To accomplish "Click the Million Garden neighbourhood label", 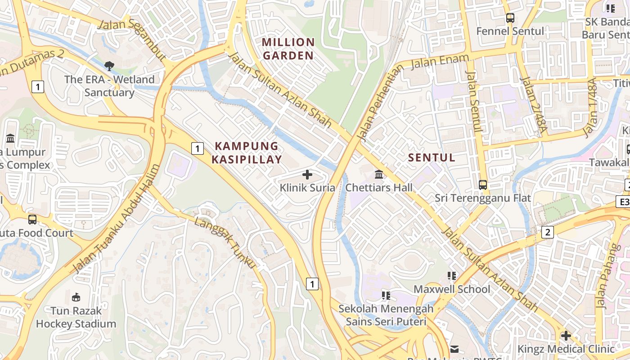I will pyautogui.click(x=288, y=49).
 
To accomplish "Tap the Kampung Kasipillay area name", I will pyautogui.click(x=247, y=153).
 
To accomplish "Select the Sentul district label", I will pyautogui.click(x=432, y=157).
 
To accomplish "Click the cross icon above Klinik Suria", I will pyautogui.click(x=307, y=175).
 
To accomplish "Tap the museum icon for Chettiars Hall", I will pyautogui.click(x=379, y=175).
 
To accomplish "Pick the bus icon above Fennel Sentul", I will pyautogui.click(x=510, y=18).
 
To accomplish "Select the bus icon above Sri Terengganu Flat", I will pyautogui.click(x=483, y=185).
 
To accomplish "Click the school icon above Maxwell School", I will pyautogui.click(x=452, y=276).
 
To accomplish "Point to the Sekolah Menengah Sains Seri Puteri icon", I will pyautogui.click(x=386, y=296).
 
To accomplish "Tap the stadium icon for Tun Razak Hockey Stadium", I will pyautogui.click(x=76, y=297).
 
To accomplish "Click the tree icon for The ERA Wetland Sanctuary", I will pyautogui.click(x=109, y=66).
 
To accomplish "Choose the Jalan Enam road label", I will pyautogui.click(x=440, y=62).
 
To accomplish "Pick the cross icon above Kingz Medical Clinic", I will pyautogui.click(x=566, y=336).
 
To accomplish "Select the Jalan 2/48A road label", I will pyautogui.click(x=533, y=106).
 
